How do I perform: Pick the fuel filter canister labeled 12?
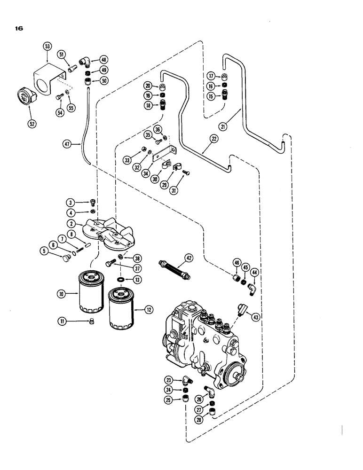(x=121, y=310)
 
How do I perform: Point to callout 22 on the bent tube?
(x=203, y=139)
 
